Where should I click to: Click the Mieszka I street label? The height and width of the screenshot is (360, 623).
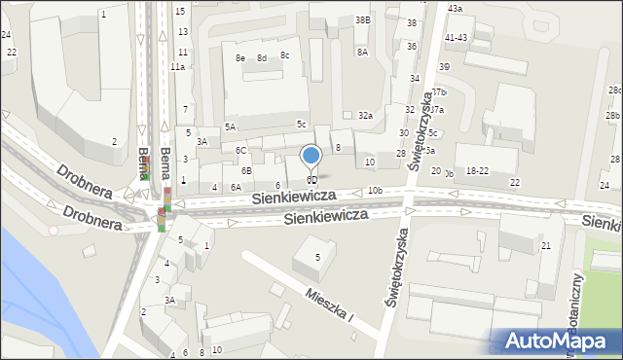(x=328, y=305)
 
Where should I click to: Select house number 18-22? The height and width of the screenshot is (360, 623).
(x=478, y=170)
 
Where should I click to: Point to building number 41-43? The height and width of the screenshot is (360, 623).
(x=456, y=37)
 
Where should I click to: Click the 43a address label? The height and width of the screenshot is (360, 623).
(x=455, y=8)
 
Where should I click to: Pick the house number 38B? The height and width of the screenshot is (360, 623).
(x=362, y=19)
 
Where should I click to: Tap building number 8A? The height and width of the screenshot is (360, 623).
(x=362, y=52)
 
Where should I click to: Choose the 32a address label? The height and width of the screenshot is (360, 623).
(x=365, y=115)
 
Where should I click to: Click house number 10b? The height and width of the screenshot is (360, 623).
(x=375, y=190)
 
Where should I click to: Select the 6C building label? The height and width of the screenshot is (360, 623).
(x=240, y=150)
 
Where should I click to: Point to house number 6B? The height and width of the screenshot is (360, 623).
(x=247, y=170)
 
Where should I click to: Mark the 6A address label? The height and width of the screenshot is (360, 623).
(x=236, y=187)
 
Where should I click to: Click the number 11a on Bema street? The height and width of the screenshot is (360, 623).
(x=177, y=67)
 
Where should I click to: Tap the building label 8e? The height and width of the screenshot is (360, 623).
(x=240, y=58)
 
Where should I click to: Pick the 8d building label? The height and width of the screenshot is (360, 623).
(x=262, y=58)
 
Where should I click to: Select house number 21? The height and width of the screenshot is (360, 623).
(x=546, y=245)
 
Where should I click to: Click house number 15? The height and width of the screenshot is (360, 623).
(x=180, y=11)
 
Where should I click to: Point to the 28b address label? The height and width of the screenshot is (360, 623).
(x=612, y=116)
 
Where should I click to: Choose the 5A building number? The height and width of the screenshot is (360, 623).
(x=230, y=126)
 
